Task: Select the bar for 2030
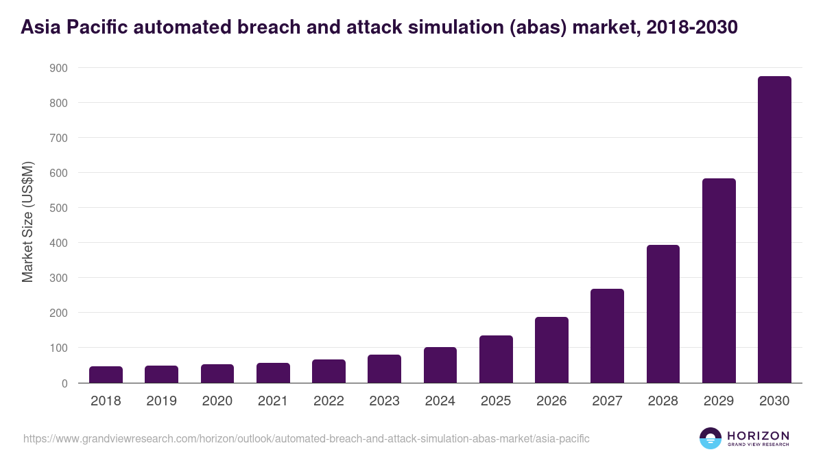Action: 774,230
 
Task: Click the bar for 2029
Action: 719,281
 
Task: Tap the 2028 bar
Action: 663,313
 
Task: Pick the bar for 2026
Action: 551,350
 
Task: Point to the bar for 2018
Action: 106,375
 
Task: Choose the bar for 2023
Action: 384,369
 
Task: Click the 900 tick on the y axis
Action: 58,68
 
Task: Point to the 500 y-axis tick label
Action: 58,208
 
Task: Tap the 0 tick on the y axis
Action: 64,383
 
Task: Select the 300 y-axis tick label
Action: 58,278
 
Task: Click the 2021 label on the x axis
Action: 273,401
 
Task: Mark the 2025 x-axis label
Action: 496,401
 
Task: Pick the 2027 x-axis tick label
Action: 607,401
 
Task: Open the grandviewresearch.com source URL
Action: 306,438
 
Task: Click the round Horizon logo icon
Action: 711,438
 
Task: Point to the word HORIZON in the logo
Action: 758,435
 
